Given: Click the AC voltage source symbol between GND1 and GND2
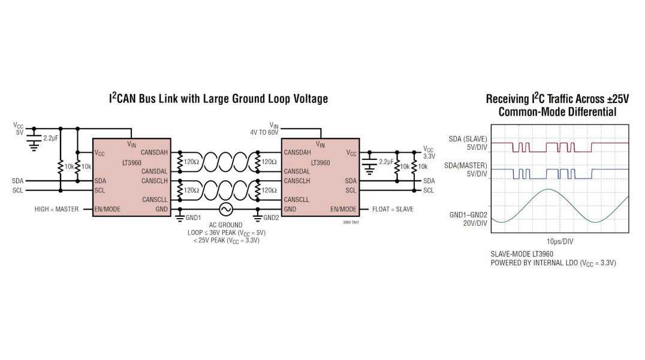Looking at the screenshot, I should coord(226,210).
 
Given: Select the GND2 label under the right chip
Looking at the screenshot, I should coord(271,217).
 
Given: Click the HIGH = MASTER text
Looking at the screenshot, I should coord(56,210).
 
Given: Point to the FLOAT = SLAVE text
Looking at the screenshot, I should coord(393,210).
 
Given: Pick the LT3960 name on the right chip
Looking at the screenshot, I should coord(320,162).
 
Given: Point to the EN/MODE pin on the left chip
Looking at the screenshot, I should coord(107,210).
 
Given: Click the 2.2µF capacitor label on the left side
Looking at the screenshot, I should coord(50,138).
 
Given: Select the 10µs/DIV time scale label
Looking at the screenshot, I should coord(560,241).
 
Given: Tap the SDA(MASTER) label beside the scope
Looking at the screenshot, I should coord(468,165).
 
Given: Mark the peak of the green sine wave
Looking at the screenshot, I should coord(548,189).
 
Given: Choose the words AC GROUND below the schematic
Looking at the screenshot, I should coord(226,225).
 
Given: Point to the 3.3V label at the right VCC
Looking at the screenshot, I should coord(429,156).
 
